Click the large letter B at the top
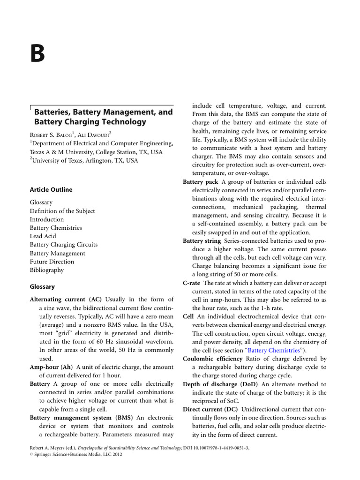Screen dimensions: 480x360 38,54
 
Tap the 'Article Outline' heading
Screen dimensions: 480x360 51,190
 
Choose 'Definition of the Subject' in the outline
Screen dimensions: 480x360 62,211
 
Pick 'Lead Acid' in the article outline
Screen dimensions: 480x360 43,236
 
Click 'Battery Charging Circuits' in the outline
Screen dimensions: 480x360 64,245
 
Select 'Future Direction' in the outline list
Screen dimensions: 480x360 52,262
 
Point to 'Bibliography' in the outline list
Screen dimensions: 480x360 47,270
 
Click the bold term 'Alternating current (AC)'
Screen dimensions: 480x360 66,299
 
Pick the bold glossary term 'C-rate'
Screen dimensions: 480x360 192,283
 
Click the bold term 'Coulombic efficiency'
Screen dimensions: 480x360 213,359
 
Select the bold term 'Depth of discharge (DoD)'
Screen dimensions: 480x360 220,384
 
